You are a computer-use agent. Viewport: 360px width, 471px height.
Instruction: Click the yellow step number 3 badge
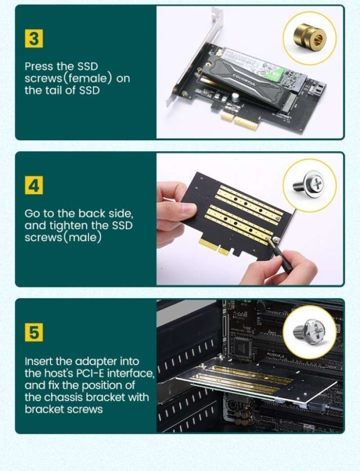pyautogui.click(x=34, y=40)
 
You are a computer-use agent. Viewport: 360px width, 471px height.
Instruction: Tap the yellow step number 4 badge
pyautogui.click(x=34, y=185)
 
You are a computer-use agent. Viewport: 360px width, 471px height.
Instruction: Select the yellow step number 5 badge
pyautogui.click(x=34, y=332)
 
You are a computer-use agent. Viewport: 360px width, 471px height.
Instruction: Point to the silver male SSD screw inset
pyautogui.click(x=309, y=184)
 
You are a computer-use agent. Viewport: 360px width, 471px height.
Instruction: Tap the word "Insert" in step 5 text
pyautogui.click(x=38, y=361)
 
